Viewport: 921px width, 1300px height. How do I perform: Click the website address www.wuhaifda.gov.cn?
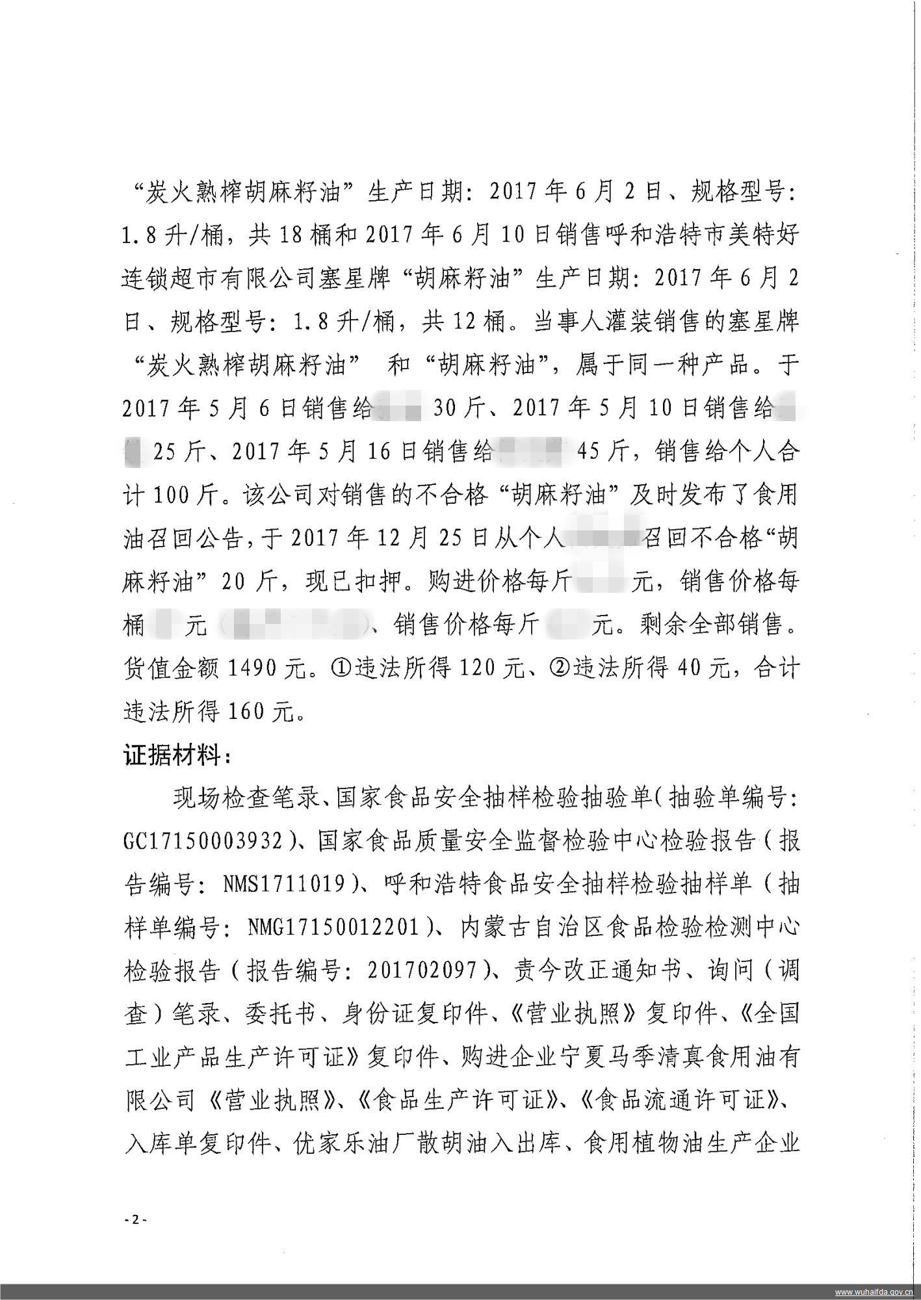coord(874,1291)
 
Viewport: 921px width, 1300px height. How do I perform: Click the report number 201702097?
coord(423,971)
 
